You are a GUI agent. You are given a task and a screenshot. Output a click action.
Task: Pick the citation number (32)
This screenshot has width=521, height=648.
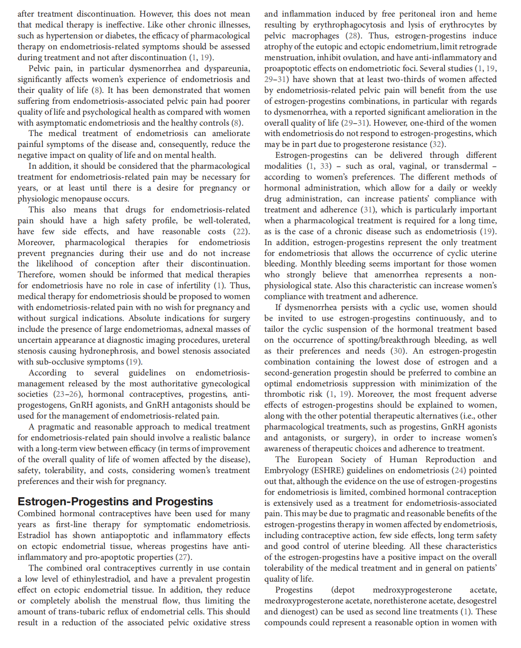437,144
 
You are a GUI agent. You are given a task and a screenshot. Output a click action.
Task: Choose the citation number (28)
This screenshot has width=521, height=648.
352,36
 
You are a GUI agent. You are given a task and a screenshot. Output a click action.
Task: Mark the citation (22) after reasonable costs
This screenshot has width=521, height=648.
241,231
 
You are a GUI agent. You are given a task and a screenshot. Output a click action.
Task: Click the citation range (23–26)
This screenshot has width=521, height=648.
68,394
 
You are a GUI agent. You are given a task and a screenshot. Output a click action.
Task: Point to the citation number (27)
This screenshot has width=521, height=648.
184,557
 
